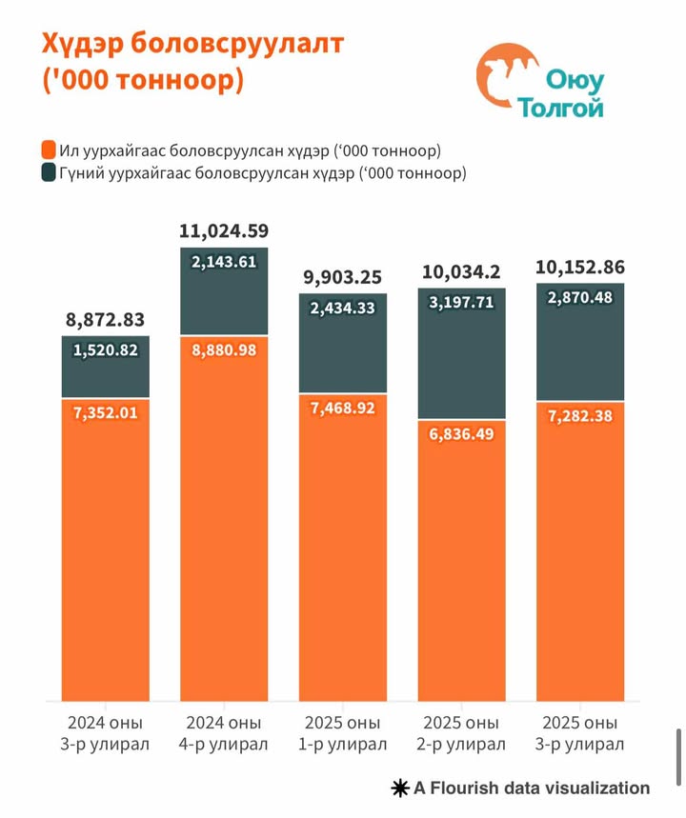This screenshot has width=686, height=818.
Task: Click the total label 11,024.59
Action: tap(224, 230)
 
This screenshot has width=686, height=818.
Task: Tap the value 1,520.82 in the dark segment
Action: tap(106, 350)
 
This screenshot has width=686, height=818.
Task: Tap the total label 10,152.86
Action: tap(580, 267)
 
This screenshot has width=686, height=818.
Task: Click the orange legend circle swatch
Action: tap(47, 151)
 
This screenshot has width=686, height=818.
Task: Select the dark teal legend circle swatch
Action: tap(47, 173)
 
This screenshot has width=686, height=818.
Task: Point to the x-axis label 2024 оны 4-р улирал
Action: tap(224, 731)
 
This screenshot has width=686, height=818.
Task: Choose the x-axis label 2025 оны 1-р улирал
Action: tap(343, 731)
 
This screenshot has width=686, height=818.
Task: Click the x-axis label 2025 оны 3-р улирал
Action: tap(580, 731)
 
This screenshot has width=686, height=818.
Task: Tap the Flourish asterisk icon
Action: tap(399, 788)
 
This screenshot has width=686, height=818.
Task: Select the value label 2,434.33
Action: tap(343, 309)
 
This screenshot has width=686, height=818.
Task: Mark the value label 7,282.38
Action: tap(580, 415)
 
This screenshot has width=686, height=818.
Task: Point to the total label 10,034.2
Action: tap(462, 273)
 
